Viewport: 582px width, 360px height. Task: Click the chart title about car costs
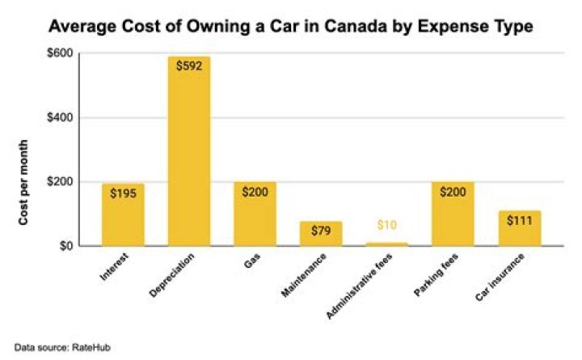tap(291, 26)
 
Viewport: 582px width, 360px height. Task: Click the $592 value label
tap(188, 67)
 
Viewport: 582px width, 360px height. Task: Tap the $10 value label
tap(387, 225)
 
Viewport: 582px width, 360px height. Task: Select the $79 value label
tap(321, 232)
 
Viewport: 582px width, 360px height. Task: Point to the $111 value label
tap(520, 221)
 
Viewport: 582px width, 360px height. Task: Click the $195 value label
tap(123, 194)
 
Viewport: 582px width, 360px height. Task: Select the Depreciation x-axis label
tap(171, 273)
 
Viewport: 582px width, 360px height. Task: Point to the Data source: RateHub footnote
tap(51, 346)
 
